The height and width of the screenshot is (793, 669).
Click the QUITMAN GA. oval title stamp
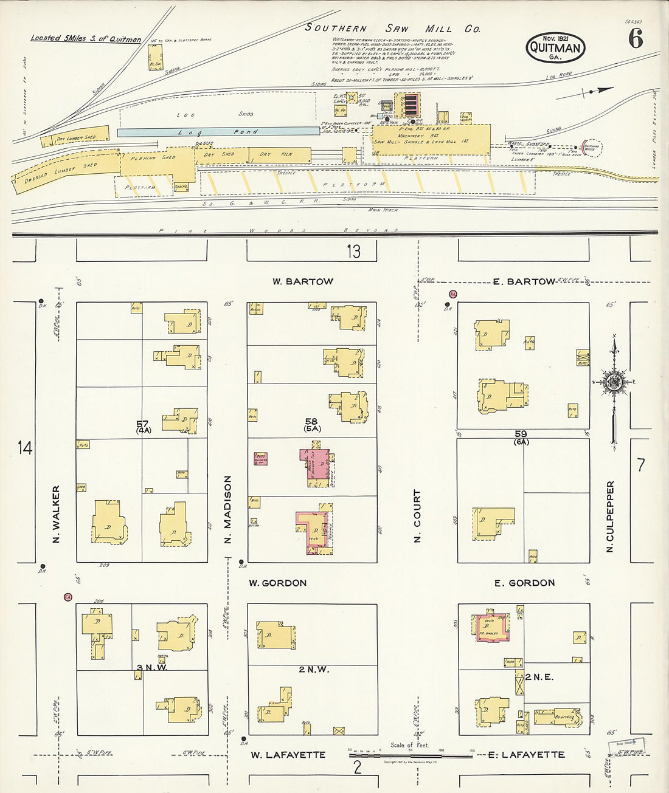tap(555, 47)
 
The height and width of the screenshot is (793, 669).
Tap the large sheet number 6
tap(636, 39)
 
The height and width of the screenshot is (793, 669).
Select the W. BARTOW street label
tap(302, 281)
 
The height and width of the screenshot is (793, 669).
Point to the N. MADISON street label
tap(228, 509)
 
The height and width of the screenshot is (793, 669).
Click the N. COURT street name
tap(417, 516)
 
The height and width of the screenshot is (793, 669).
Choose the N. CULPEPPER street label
tap(610, 517)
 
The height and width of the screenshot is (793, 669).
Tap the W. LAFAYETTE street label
tap(288, 755)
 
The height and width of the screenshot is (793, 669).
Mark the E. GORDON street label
tap(524, 583)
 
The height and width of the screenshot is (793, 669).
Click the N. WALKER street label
tap(56, 513)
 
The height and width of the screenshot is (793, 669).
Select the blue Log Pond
tap(218, 131)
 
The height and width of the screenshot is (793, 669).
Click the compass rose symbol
tap(613, 382)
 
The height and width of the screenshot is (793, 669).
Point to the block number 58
tap(311, 421)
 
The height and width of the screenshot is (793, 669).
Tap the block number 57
tap(143, 424)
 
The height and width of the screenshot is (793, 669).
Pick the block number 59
tap(521, 434)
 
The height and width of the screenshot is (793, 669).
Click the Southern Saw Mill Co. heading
tap(392, 28)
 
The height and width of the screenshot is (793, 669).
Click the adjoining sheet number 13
tap(353, 251)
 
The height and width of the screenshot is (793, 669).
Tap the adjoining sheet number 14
tap(24, 448)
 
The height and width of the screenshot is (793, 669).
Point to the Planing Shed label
tap(153, 158)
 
